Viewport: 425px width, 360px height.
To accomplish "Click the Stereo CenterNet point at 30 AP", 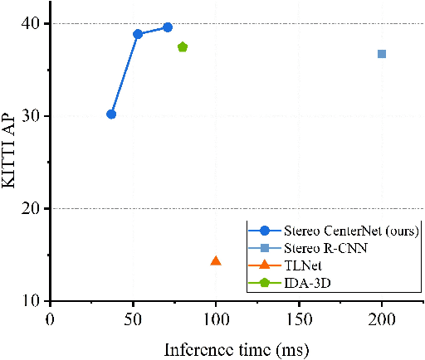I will tap(111, 114).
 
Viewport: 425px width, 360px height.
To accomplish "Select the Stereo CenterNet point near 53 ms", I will tap(138, 34).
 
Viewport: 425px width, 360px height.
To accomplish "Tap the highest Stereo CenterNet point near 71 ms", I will tap(168, 27).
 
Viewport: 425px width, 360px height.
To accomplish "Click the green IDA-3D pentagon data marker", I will tap(183, 47).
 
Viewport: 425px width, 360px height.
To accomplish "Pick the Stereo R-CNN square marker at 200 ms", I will tap(382, 54).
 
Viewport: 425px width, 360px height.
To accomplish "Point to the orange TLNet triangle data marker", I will tap(216, 260).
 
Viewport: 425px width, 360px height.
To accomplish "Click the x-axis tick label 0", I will tap(51, 319).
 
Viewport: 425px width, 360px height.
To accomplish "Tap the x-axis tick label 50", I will tap(134, 319).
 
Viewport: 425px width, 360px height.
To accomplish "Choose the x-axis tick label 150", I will tap(299, 319).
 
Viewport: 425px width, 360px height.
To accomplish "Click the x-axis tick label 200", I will tap(382, 319).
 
